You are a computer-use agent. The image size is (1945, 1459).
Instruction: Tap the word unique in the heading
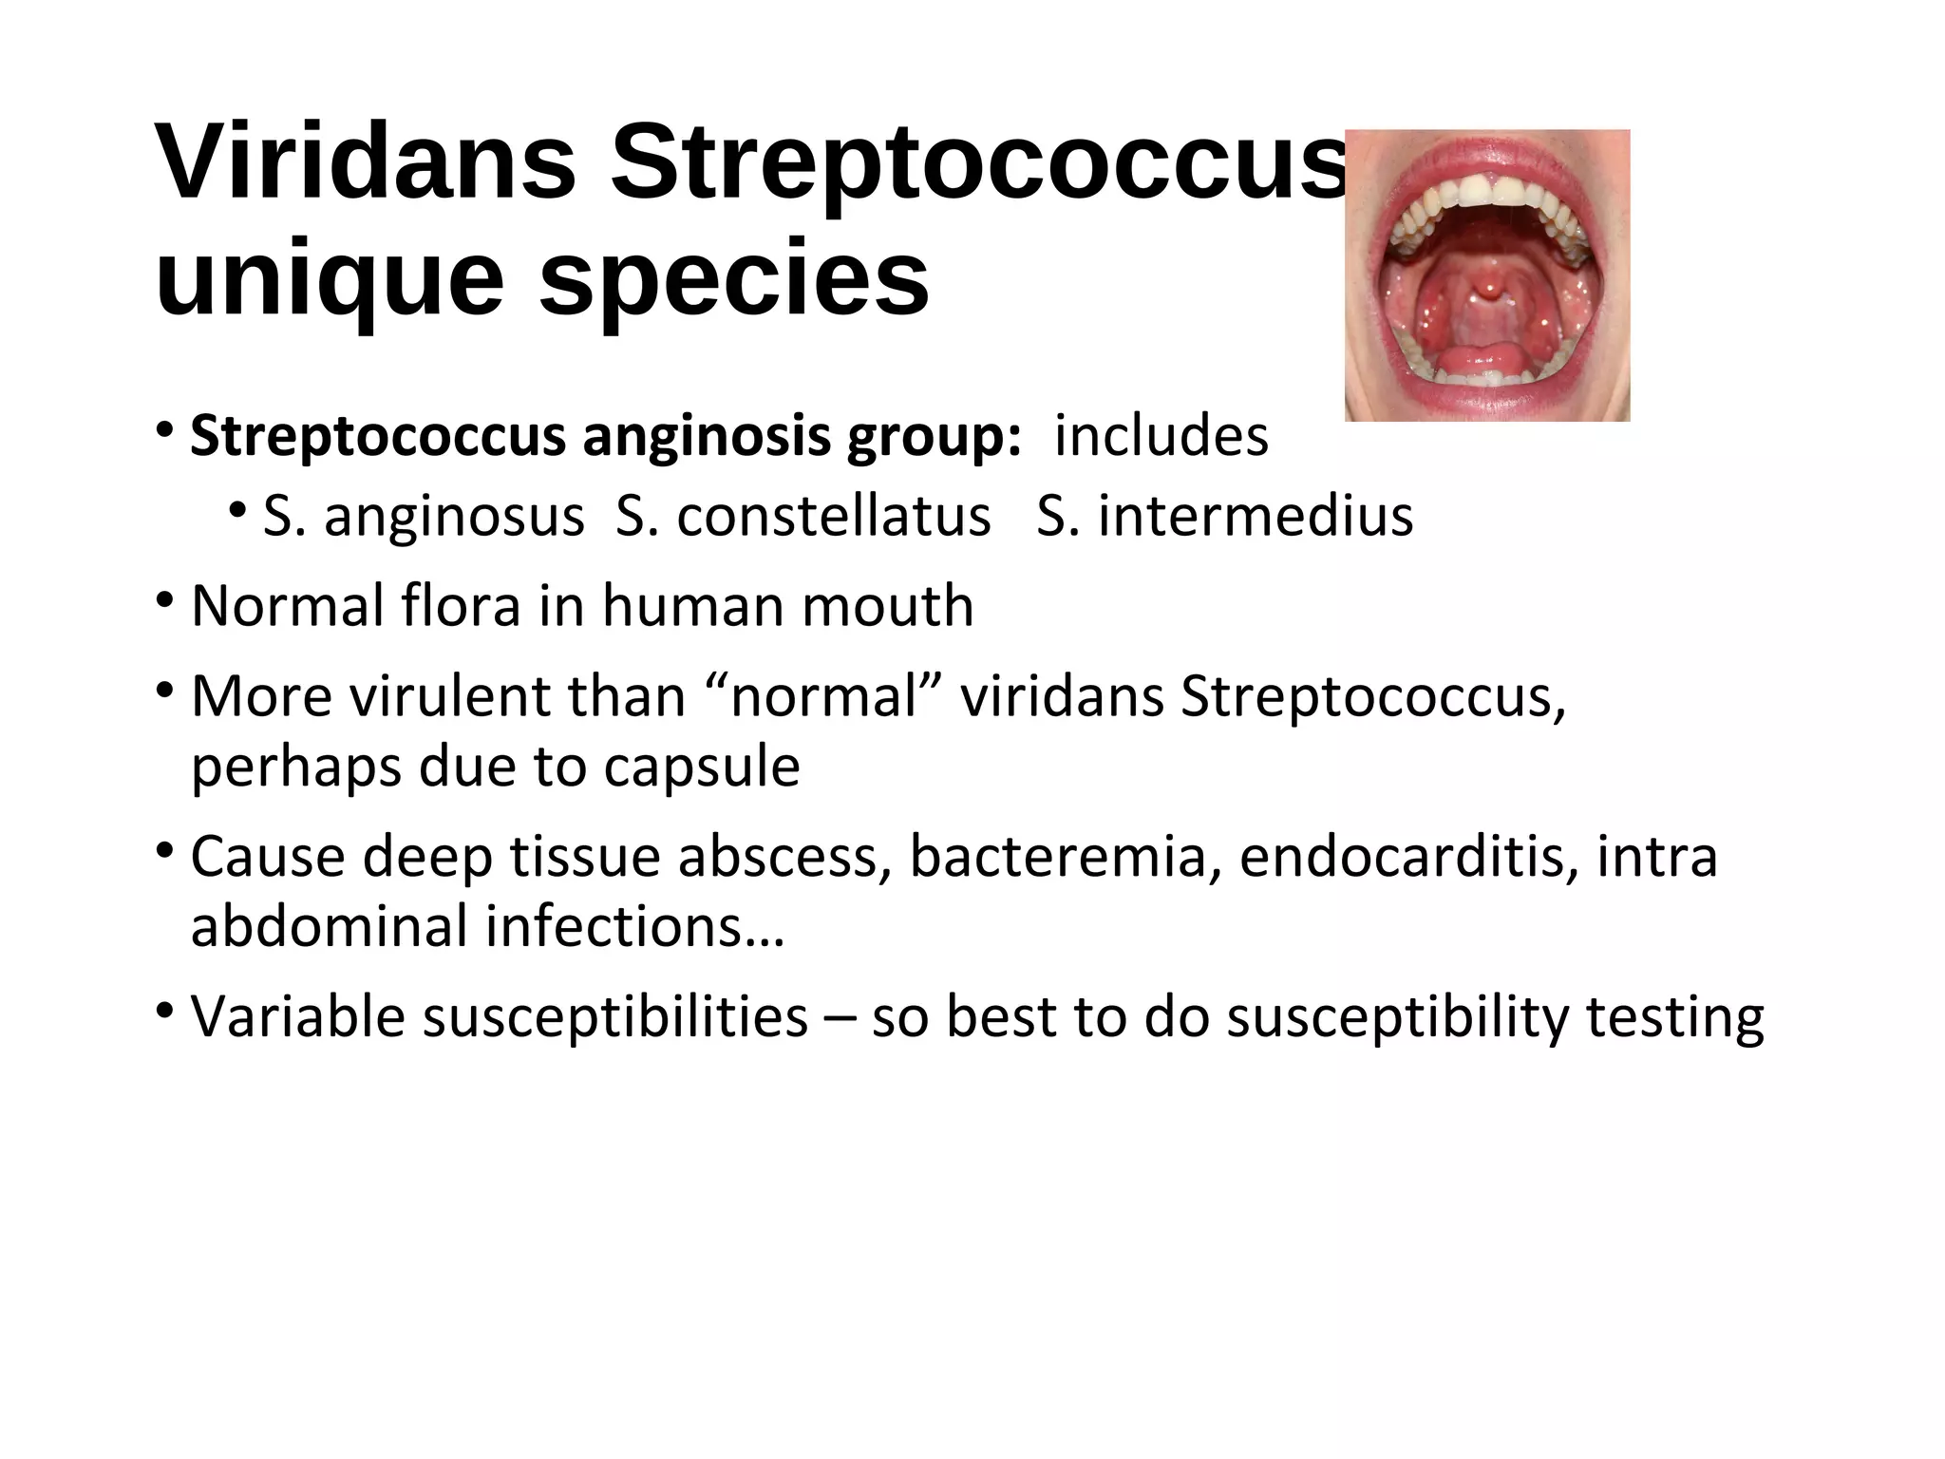(328, 278)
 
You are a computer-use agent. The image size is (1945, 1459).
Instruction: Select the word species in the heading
(733, 278)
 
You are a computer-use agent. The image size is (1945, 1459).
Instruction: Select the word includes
(1161, 437)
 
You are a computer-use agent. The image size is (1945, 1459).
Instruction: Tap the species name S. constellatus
(803, 518)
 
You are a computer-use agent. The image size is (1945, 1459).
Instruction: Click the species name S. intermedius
(1224, 518)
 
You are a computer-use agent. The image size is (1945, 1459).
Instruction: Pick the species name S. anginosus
(423, 518)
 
